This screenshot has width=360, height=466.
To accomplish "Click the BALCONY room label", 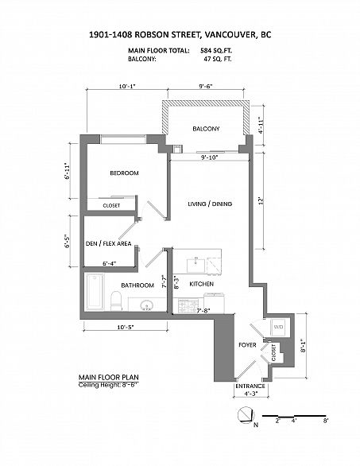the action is pos(206,129).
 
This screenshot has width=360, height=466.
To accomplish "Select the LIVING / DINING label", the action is pos(210,204).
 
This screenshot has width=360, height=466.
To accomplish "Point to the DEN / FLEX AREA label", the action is pos(108,243).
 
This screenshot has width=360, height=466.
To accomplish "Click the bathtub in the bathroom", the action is pos(95,292).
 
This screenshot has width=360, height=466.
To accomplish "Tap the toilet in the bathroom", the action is pos(116,301).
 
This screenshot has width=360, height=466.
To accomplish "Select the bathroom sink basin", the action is pos(146,305).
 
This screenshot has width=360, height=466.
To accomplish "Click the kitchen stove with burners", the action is pos(188,305).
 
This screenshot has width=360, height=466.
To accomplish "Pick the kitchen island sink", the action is pos(196,265).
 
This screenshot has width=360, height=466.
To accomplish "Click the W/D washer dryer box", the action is pos(278,327).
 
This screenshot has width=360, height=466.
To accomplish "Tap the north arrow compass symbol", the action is pos(246,415).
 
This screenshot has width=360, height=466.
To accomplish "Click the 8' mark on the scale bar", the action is pos(326,421).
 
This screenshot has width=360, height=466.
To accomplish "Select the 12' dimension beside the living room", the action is pos(261,200).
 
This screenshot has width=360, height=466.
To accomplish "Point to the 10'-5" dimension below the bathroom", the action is pos(126,327).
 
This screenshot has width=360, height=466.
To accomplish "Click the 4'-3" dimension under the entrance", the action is pos(250,393).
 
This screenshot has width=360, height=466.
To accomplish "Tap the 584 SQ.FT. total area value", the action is pos(216,51).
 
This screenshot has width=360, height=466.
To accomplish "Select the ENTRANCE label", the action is pos(250,386).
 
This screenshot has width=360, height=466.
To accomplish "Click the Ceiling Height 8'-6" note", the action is pos(109,385).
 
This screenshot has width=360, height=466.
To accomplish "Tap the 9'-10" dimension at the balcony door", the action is pos(210,157).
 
